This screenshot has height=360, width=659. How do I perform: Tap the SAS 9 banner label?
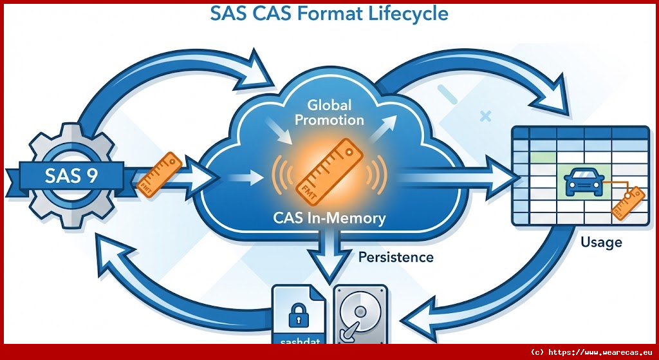71,176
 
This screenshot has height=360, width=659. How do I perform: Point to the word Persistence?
395,257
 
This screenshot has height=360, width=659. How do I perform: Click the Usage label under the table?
601,242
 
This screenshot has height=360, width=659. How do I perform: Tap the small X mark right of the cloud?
485,117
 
